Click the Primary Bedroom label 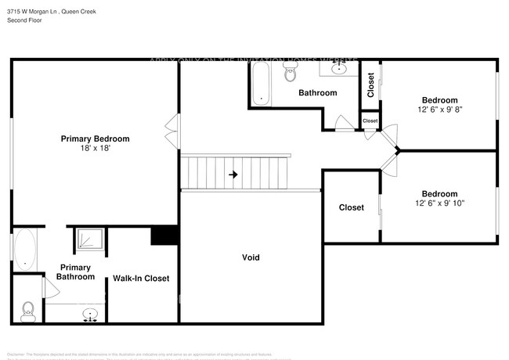(x=95, y=139)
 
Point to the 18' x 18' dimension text (x=95, y=148)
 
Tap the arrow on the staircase (x=233, y=175)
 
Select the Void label (x=251, y=257)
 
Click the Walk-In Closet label (x=141, y=278)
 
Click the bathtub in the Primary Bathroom (x=23, y=249)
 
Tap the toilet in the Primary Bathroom (x=28, y=311)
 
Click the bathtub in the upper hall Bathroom (x=262, y=85)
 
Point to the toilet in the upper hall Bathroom (x=291, y=74)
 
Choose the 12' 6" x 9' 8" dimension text (x=439, y=110)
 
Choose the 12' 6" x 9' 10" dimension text (x=439, y=203)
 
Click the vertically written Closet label (x=370, y=86)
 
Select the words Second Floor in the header (x=25, y=20)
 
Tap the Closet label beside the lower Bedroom (x=351, y=207)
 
